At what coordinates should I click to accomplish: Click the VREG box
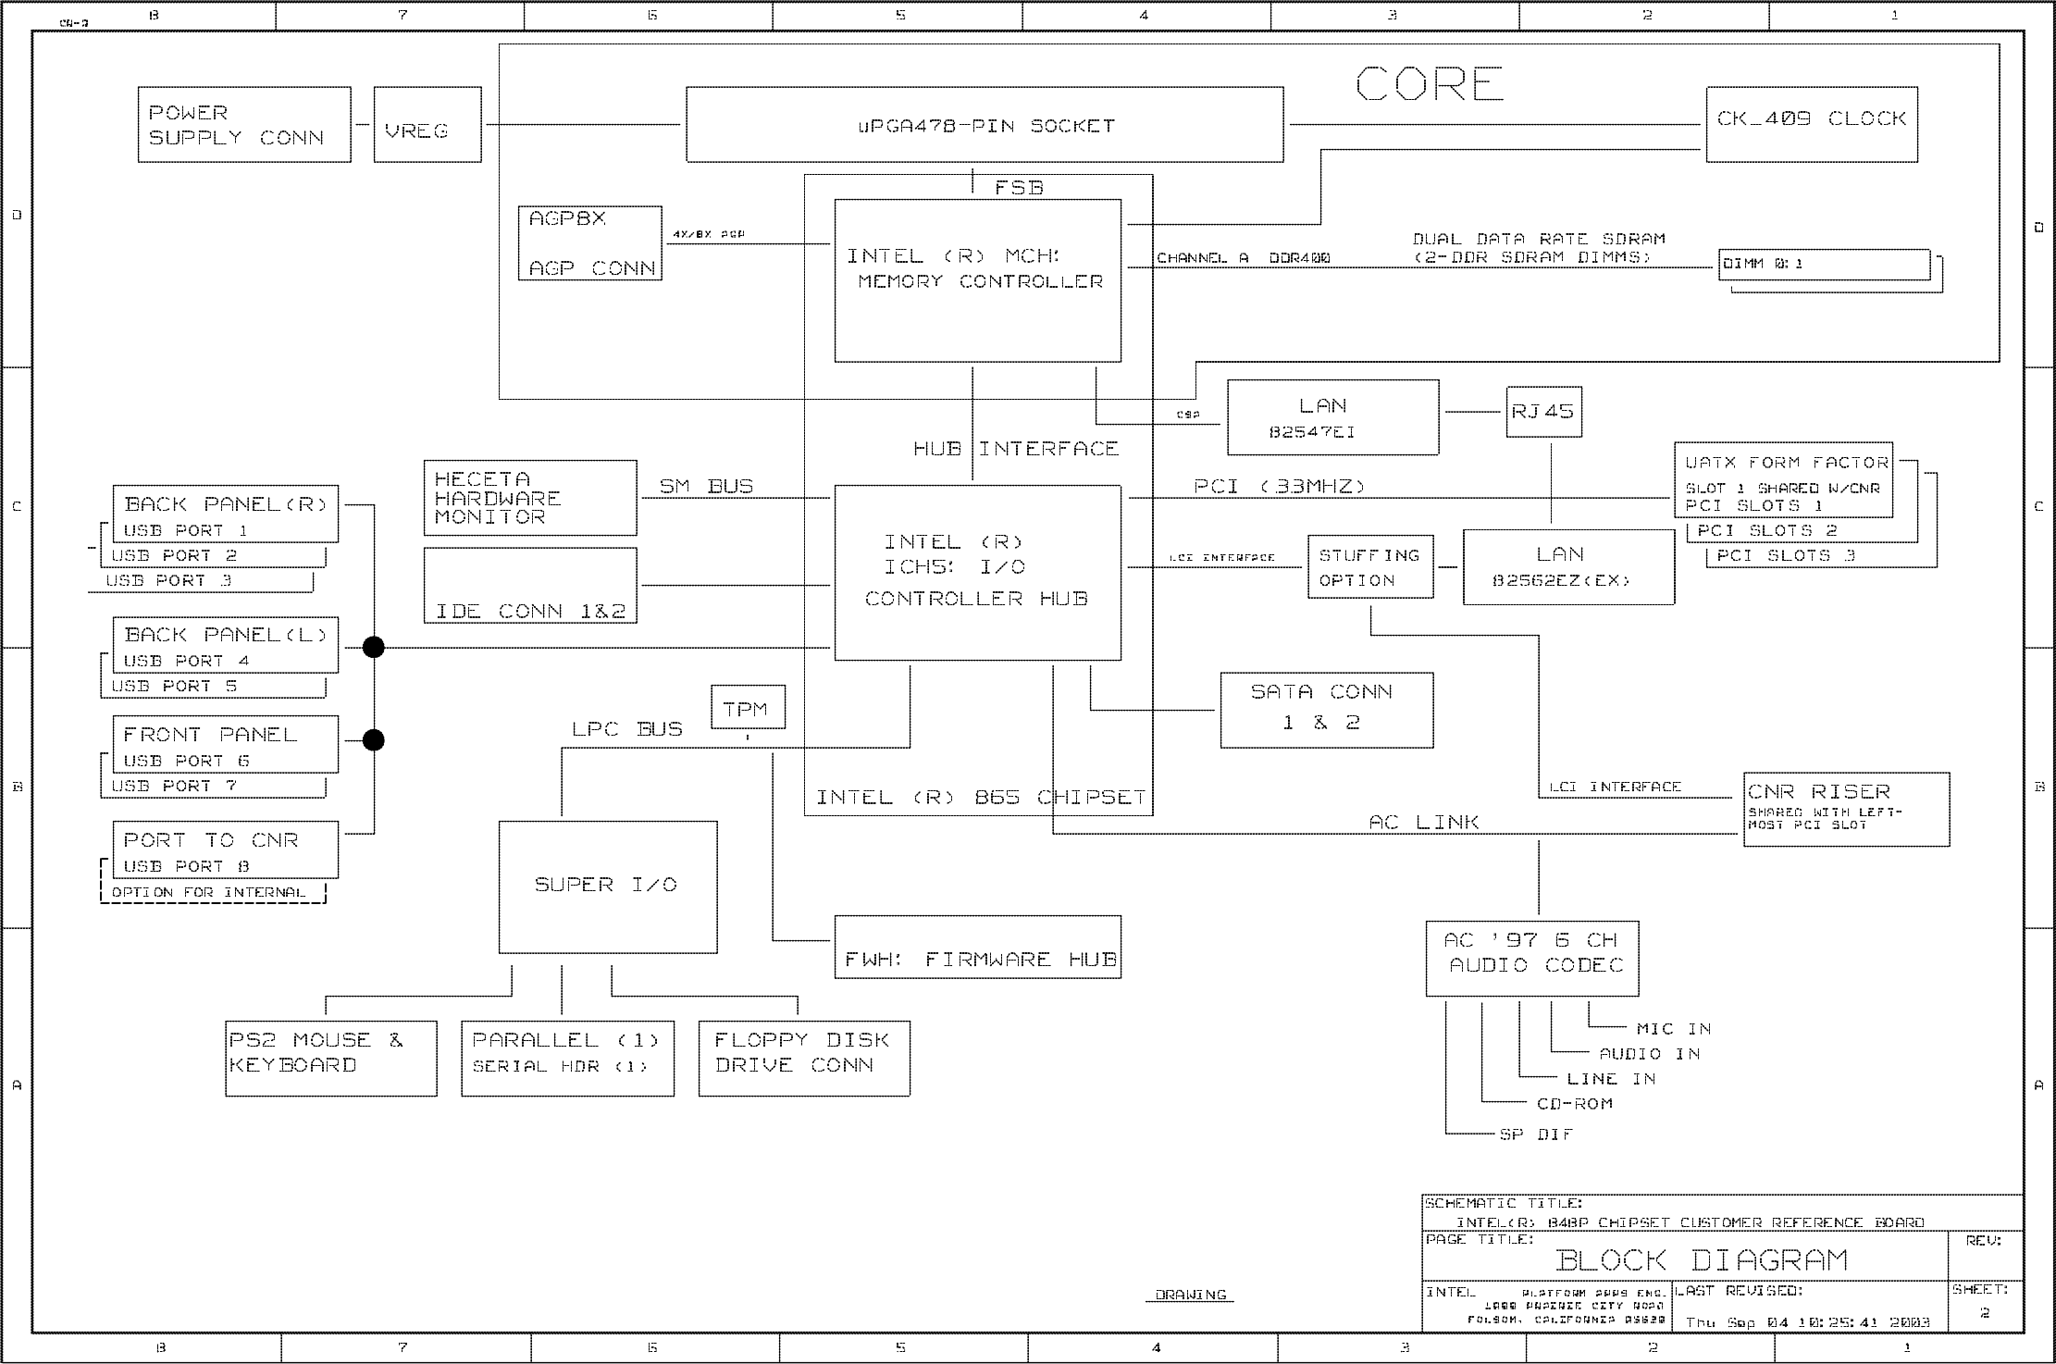(x=427, y=125)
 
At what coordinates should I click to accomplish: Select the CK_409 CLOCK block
(x=1811, y=124)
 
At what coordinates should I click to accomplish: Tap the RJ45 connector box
(x=1542, y=412)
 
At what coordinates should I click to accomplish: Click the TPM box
(x=748, y=708)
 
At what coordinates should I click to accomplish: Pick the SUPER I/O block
(x=607, y=886)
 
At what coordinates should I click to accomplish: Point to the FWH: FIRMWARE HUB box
(x=977, y=947)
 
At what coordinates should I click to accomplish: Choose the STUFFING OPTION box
(x=1369, y=566)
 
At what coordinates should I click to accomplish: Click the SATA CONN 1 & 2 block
(x=1326, y=709)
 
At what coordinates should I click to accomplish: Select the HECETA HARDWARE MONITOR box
(x=529, y=497)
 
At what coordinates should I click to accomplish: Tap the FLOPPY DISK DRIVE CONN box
(x=803, y=1058)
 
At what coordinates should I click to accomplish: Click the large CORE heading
(x=1429, y=85)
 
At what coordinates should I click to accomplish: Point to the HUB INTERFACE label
(x=1015, y=450)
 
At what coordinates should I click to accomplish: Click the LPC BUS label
(x=626, y=729)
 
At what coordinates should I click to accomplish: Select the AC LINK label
(x=1423, y=822)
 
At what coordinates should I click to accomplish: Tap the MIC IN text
(x=1673, y=1029)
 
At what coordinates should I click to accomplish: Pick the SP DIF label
(x=1535, y=1135)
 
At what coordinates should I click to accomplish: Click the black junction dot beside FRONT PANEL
(x=373, y=740)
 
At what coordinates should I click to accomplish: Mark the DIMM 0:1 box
(x=1823, y=265)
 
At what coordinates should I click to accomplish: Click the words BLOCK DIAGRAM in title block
(x=1701, y=1259)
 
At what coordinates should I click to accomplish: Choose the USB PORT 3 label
(x=168, y=581)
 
